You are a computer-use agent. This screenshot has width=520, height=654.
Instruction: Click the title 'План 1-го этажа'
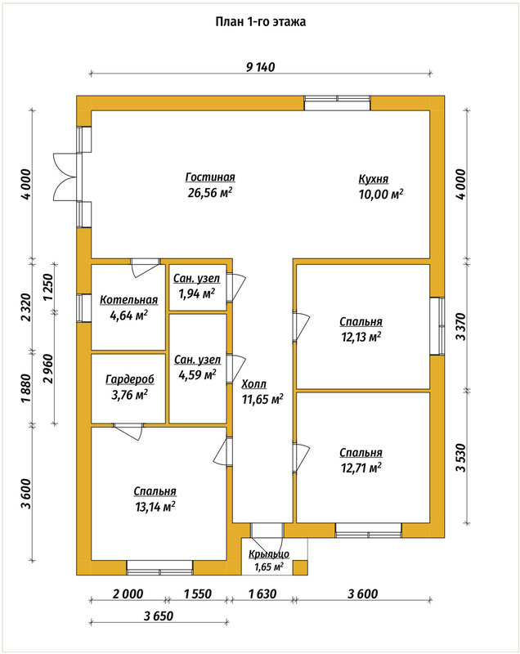coord(261,22)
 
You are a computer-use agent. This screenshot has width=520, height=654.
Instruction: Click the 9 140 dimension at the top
coord(260,67)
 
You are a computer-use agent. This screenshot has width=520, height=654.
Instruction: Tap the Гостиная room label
coord(210,177)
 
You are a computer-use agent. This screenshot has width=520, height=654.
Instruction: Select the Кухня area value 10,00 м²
coord(381,195)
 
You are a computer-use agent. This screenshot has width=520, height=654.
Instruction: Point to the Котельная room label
coord(129,300)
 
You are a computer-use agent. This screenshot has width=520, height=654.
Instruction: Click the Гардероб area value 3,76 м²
coord(129,395)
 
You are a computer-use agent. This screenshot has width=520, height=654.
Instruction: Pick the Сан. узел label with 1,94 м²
coord(197,278)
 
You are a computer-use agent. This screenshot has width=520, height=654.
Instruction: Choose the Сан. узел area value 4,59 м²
coord(197,374)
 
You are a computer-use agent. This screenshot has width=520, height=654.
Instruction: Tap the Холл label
coord(254,384)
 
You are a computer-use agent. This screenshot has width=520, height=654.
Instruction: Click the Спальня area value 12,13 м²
coord(361,337)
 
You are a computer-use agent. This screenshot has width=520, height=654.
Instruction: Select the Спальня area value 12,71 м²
coord(361,468)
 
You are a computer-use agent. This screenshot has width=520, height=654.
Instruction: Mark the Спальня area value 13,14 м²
coord(155,507)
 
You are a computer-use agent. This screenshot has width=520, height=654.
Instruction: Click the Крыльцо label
coord(269,555)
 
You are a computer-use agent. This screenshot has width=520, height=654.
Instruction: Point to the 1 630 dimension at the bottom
coord(262,594)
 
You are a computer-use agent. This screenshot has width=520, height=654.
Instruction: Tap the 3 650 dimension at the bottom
coord(159,616)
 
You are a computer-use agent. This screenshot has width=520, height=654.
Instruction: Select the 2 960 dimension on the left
coord(48,369)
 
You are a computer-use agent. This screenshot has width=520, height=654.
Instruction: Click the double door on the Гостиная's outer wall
coord(67,177)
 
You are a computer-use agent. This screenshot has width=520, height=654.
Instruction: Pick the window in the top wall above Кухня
coord(337,103)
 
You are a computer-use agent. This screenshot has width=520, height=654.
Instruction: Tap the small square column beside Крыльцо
coord(300,568)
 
